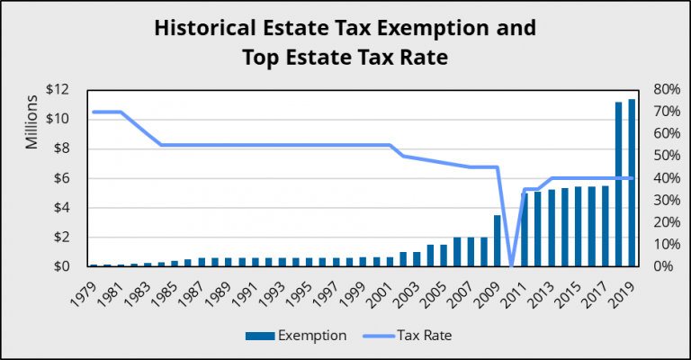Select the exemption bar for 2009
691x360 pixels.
pos(498,240)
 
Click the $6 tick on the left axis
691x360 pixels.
pos(60,178)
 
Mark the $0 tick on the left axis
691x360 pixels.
pos(60,267)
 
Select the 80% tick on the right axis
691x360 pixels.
pos(659,89)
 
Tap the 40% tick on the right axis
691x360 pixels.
pos(659,178)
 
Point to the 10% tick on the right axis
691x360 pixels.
pos(659,245)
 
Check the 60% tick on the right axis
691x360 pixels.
pos(659,134)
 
